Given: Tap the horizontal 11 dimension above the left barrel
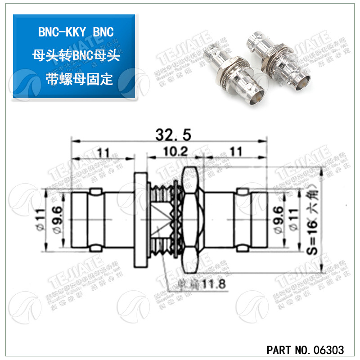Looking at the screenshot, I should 103,152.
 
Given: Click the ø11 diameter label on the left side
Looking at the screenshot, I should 41,219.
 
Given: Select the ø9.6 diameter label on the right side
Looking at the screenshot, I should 279,219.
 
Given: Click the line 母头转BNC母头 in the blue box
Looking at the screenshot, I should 75,55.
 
